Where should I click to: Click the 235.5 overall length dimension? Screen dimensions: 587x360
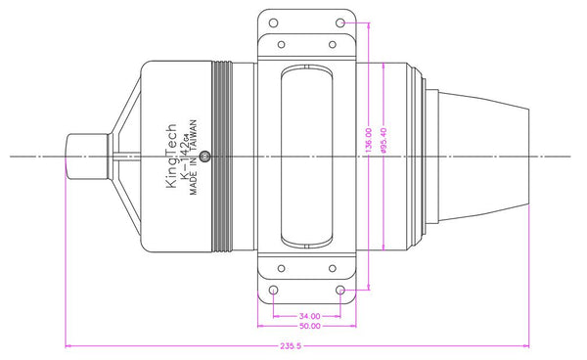pyautogui.click(x=291, y=346)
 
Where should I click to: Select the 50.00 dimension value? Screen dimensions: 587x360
pyautogui.click(x=310, y=326)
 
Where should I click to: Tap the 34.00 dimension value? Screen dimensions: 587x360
pyautogui.click(x=310, y=316)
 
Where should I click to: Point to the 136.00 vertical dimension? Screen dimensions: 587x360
pyautogui.click(x=369, y=140)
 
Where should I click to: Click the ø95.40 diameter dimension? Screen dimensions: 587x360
pyautogui.click(x=384, y=141)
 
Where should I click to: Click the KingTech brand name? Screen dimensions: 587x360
pyautogui.click(x=170, y=156)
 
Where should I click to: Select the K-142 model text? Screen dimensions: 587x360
pyautogui.click(x=185, y=157)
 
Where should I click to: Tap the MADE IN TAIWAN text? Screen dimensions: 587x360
pyautogui.click(x=193, y=157)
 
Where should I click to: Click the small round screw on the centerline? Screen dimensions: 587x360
pyautogui.click(x=204, y=157)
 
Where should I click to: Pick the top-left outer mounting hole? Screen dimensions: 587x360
pyautogui.click(x=274, y=22)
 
